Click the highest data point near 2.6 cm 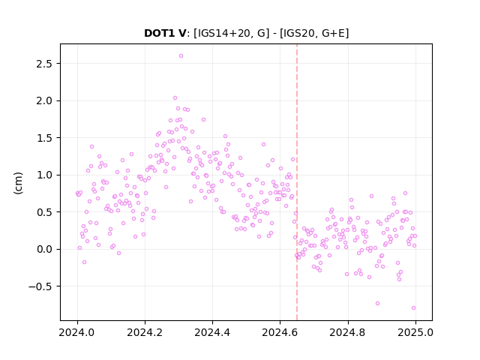click(181, 56)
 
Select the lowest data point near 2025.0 click(413, 308)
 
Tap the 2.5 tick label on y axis click(44, 64)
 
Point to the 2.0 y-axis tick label click(44, 100)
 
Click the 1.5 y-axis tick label click(44, 138)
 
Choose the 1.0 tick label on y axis click(44, 175)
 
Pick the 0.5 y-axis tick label click(44, 212)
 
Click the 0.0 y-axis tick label click(44, 249)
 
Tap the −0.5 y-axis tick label click(40, 286)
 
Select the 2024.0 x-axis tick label click(77, 332)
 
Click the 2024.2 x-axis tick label click(145, 332)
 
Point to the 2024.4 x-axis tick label click(212, 332)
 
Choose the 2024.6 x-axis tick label click(280, 332)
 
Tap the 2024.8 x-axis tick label click(347, 332)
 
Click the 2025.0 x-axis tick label click(415, 332)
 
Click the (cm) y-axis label click(18, 183)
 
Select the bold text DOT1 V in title click(165, 33)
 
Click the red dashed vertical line click(297, 182)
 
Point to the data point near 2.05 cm click(175, 98)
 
